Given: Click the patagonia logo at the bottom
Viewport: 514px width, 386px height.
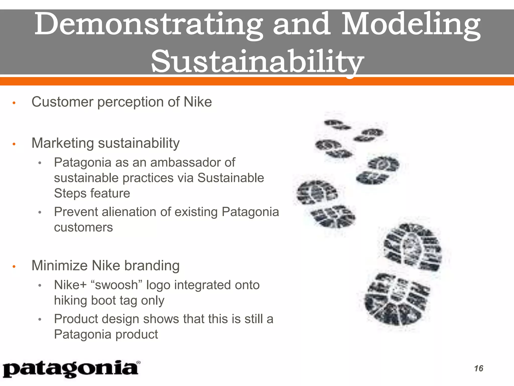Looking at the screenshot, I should (x=71, y=369).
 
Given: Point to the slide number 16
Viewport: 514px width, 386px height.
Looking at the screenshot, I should (x=479, y=368).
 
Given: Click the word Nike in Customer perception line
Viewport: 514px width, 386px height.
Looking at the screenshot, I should (x=198, y=102).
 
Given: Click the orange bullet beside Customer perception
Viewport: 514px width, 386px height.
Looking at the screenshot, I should (x=14, y=103).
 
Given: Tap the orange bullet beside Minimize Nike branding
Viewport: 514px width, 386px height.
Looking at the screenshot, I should (x=14, y=266).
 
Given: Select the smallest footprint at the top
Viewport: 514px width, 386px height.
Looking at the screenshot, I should (x=336, y=124).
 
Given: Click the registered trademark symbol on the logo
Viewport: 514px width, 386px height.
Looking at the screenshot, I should (x=138, y=363).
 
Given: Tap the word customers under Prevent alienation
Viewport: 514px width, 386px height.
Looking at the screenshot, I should (x=83, y=227).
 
